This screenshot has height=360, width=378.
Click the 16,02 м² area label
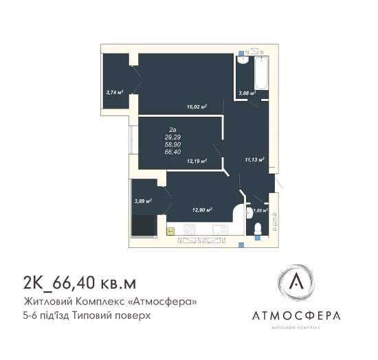pyautogui.click(x=197, y=106)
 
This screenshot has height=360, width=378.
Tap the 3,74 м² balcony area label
pyautogui.click(x=114, y=91)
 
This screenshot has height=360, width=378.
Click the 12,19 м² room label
pyautogui.click(x=197, y=161)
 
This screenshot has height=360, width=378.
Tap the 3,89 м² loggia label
pyautogui.click(x=143, y=201)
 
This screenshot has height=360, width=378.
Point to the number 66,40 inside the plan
pyautogui.click(x=173, y=152)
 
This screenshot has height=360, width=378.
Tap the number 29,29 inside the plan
pyautogui.click(x=173, y=137)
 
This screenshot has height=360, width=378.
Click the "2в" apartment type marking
pyautogui.click(x=173, y=129)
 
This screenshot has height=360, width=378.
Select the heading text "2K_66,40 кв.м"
pyautogui.click(x=80, y=282)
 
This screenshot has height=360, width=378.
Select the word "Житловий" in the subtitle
pyautogui.click(x=46, y=302)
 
